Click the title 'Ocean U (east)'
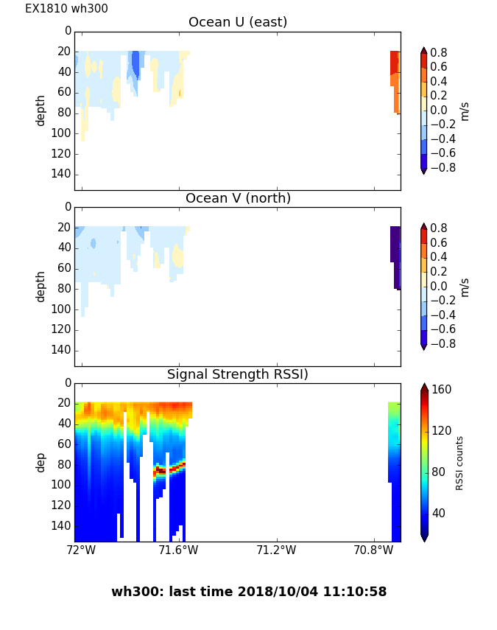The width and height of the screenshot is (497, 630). pyautogui.click(x=237, y=22)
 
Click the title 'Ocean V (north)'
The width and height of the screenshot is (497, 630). pyautogui.click(x=237, y=198)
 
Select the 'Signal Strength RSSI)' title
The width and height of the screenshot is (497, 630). pyautogui.click(x=237, y=374)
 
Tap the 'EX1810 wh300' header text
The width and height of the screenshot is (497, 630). pyautogui.click(x=66, y=9)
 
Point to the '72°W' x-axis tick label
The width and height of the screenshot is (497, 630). pyautogui.click(x=81, y=550)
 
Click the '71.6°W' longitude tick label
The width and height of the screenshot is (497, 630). pyautogui.click(x=178, y=550)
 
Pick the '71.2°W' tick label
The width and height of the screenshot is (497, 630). pyautogui.click(x=276, y=550)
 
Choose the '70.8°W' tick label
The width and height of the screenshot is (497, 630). pyautogui.click(x=373, y=550)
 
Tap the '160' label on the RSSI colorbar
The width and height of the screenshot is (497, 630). pyautogui.click(x=441, y=390)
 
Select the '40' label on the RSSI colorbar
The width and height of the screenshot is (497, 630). pyautogui.click(x=438, y=513)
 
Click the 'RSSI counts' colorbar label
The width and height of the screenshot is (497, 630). pyautogui.click(x=459, y=463)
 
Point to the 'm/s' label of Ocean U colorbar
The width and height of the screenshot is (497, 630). pyautogui.click(x=464, y=111)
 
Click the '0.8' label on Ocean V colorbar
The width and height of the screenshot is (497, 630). pyautogui.click(x=439, y=228)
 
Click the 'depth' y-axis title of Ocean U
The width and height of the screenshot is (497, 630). pyautogui.click(x=40, y=110)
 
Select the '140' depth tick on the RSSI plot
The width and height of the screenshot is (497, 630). pyautogui.click(x=62, y=525)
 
